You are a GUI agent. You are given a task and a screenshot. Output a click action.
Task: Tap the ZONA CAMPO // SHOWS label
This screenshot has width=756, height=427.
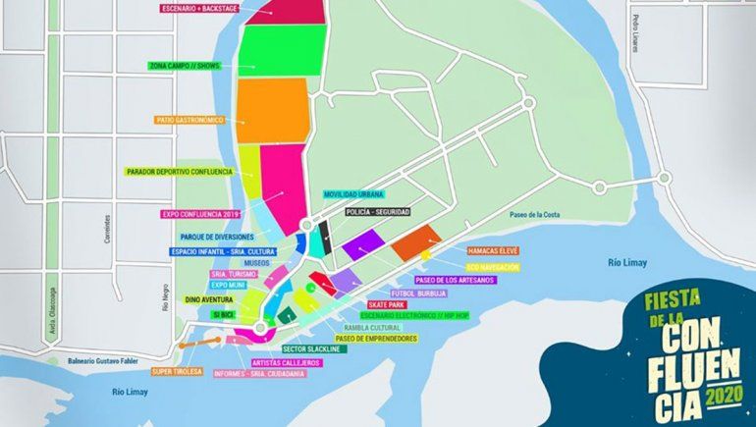point(185,66)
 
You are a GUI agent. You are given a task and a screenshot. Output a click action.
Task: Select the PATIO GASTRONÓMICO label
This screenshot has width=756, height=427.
point(189,120)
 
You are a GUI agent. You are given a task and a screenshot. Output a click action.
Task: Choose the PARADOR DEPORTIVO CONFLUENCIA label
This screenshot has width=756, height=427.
point(179,172)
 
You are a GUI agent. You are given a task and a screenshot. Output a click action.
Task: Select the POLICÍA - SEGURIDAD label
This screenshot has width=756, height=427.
point(378,212)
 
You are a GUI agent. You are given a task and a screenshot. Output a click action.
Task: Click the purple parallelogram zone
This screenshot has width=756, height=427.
point(360,243)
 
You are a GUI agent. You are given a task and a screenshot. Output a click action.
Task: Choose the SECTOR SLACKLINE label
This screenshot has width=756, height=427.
point(316,348)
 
